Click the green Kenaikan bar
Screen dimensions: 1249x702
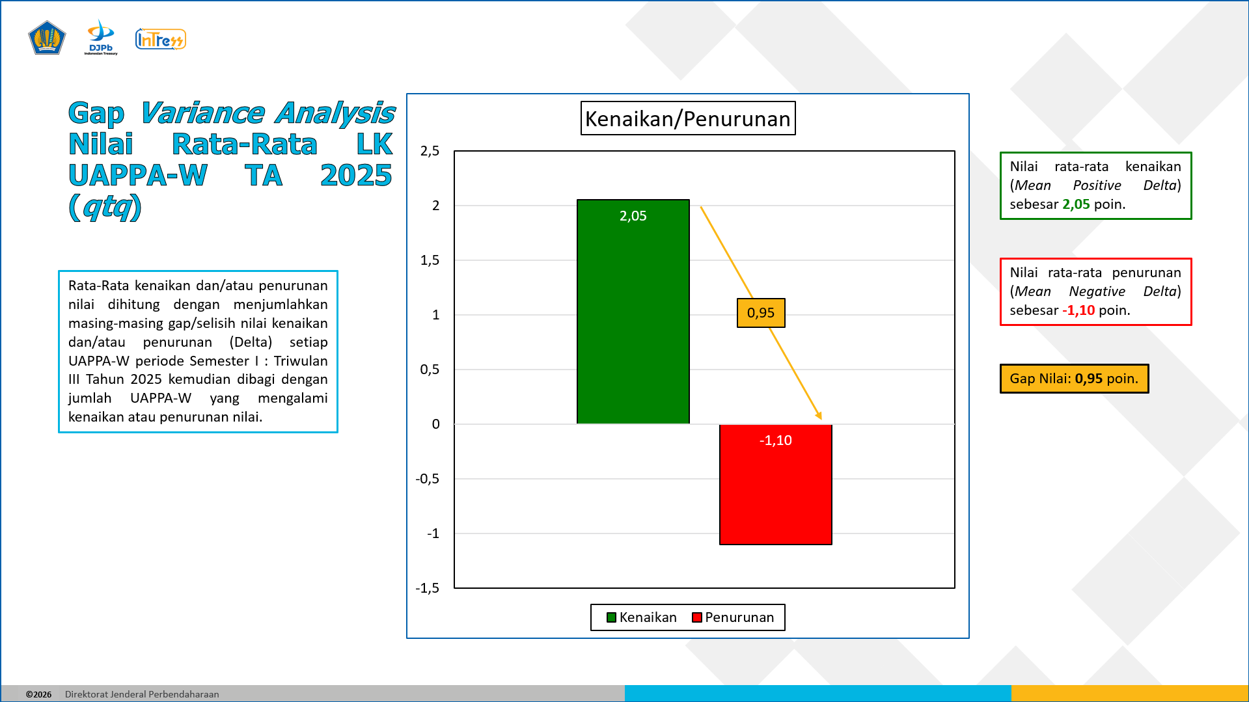point(633,312)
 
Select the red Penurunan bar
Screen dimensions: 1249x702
point(775,485)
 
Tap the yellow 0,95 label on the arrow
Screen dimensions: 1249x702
point(761,313)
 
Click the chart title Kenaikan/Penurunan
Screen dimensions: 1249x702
point(688,118)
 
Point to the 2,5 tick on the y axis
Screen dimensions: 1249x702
point(430,151)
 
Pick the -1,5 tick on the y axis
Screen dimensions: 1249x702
point(428,588)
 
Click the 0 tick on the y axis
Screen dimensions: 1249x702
point(435,424)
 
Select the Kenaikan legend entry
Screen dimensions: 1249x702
point(642,617)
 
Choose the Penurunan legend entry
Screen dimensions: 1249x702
point(733,617)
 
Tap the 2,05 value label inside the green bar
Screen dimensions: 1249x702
point(633,216)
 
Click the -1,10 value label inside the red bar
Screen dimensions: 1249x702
point(775,440)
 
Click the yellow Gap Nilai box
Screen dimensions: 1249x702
point(1074,379)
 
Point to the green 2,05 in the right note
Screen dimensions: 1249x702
point(1076,204)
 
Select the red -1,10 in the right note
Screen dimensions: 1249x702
point(1078,310)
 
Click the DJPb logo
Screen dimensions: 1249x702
point(101,37)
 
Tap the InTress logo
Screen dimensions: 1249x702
point(161,40)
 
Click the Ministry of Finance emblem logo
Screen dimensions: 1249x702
point(47,38)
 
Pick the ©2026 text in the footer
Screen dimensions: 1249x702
point(39,694)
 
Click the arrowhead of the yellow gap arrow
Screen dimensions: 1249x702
point(819,416)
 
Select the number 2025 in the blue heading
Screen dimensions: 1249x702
point(356,175)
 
